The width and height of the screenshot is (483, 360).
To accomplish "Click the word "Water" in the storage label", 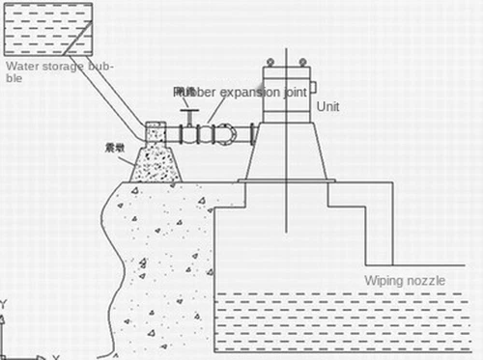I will (x=21, y=67).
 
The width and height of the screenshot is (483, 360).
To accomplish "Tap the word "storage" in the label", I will (x=62, y=67).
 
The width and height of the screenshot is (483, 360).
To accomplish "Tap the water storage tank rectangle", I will (x=47, y=28).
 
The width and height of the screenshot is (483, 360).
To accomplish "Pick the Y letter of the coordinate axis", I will (x=4, y=305).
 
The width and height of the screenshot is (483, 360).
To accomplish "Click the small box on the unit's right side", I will (x=312, y=87).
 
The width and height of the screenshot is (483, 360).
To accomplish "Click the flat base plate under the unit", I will (x=287, y=180).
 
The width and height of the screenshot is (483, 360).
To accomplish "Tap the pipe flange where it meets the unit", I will (x=252, y=134).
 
